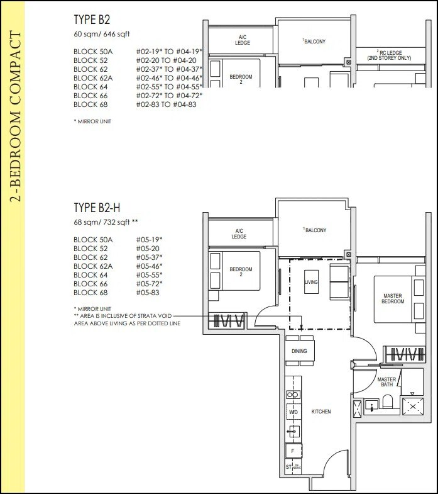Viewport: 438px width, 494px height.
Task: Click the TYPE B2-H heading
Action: (97, 208)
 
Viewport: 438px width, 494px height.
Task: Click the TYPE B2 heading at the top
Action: (92, 20)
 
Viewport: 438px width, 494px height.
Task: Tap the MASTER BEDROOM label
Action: (393, 298)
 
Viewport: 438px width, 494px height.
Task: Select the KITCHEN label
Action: (321, 412)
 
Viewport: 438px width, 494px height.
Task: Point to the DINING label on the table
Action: (299, 351)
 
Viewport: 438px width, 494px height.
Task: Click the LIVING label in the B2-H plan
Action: (311, 282)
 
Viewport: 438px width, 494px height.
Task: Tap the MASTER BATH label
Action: (386, 382)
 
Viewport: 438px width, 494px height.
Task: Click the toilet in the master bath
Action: (388, 401)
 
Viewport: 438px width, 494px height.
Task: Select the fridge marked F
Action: (293, 451)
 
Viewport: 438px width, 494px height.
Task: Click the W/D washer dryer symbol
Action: (293, 412)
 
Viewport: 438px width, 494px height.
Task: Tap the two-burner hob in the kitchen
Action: (293, 395)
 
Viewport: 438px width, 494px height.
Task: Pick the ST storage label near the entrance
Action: (288, 466)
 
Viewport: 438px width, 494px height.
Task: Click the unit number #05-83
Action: (148, 293)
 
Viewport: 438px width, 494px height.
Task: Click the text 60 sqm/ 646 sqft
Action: (102, 34)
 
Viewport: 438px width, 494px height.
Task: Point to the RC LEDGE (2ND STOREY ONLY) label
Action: (390, 55)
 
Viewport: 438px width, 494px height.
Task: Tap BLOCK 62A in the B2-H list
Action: (93, 266)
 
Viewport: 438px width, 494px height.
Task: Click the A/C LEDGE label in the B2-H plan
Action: (239, 233)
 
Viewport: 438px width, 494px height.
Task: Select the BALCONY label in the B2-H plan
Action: (315, 230)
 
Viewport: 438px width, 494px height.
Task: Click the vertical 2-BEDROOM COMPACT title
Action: (15, 116)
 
